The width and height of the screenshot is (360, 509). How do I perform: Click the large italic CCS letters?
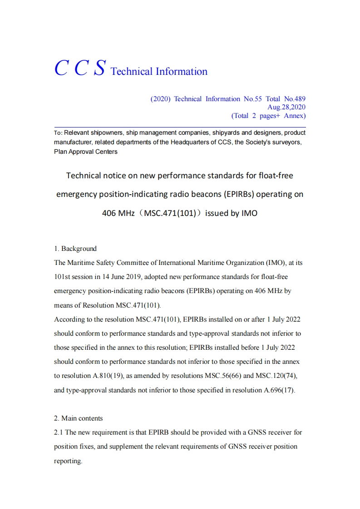80,68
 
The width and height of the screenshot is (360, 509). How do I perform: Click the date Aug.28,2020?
286,107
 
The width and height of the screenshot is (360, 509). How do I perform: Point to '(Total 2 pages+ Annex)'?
268,116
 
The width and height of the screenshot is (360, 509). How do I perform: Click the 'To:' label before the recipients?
58,133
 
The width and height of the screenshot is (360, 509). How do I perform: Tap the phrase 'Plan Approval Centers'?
85,152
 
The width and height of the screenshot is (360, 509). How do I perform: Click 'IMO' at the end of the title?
249,213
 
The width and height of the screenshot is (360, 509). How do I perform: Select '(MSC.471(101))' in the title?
170,213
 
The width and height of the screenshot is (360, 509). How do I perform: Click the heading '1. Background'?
75,249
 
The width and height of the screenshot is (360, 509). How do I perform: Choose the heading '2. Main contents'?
79,418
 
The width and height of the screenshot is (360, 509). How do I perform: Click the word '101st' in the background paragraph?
63,277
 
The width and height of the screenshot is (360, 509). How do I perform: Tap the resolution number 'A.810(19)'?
103,376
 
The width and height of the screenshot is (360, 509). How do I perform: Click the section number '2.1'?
59,432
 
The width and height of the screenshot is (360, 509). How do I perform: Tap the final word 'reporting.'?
68,461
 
